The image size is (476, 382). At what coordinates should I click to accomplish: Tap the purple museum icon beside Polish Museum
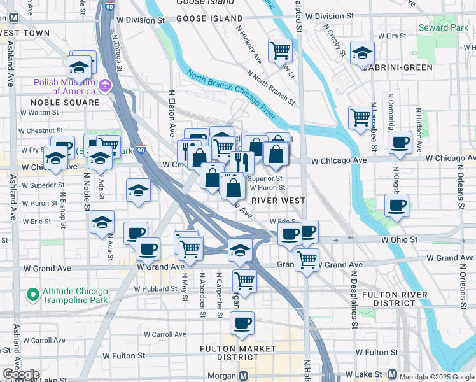point(104,85)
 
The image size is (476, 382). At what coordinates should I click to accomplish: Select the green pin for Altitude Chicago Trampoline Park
point(32,294)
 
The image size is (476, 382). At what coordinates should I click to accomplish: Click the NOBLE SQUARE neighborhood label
point(65,102)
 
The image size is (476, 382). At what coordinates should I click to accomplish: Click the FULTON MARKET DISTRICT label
point(238,353)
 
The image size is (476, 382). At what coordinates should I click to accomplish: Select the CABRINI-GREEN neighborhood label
point(399,67)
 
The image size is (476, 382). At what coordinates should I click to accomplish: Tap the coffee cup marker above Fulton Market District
point(242,323)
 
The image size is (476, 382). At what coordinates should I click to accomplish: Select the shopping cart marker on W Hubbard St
point(244,280)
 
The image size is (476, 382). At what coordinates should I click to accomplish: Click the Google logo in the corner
point(20,374)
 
